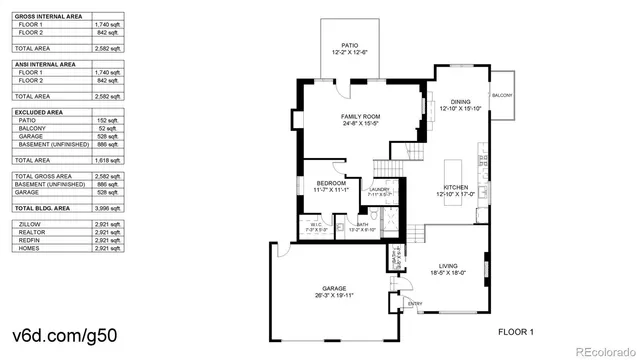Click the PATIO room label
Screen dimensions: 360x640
coord(349,45)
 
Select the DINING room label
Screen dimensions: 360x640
coord(460,101)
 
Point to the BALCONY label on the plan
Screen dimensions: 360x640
coord(502,95)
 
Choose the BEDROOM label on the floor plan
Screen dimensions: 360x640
coord(332,184)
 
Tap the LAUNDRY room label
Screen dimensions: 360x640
coord(379,189)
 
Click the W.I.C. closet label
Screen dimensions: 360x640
coord(315,224)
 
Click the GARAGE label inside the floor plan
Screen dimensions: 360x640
coord(334,289)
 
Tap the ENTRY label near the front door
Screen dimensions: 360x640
coord(415,304)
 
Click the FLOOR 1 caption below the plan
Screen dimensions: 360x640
coord(517,330)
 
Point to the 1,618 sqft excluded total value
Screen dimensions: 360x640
coord(109,160)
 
